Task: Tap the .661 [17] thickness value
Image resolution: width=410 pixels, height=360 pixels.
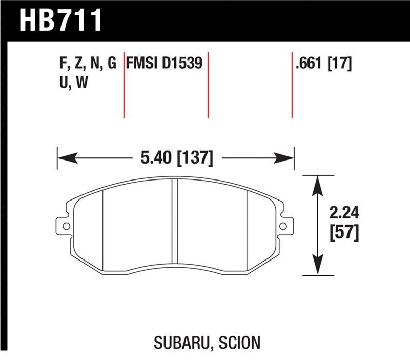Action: coord(322,64)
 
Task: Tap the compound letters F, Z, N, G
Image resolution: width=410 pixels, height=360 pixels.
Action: coord(88,64)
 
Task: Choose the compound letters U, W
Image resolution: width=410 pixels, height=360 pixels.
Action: coord(73,83)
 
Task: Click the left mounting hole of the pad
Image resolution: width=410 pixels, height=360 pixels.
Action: coord(65,225)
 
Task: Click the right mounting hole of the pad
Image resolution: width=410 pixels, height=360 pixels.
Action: coord(283,225)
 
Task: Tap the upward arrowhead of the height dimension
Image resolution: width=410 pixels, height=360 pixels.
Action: coord(318,183)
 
